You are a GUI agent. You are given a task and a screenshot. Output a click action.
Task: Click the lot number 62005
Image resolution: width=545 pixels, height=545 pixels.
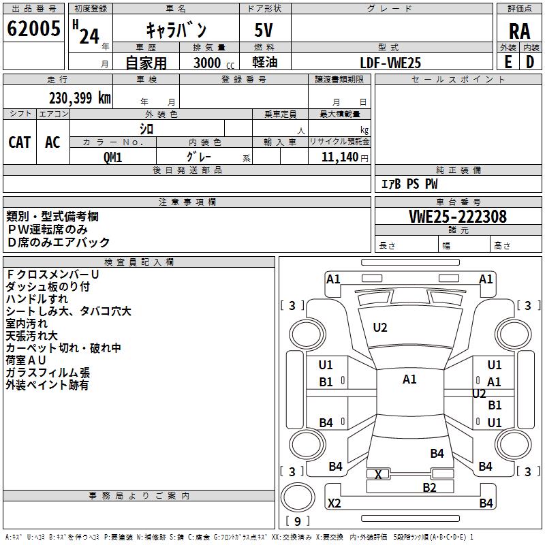[33, 29]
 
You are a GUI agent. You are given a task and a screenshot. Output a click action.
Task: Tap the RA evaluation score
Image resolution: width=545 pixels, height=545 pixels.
[518, 31]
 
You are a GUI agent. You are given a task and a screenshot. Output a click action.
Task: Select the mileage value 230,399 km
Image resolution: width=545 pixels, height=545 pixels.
[80, 98]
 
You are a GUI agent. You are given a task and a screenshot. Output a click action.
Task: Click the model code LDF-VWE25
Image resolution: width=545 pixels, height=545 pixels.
[390, 62]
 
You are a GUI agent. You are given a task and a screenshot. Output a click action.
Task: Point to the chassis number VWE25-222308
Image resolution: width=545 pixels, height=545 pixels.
[457, 217]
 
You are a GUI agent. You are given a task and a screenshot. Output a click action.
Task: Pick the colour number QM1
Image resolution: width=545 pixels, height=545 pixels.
[112, 157]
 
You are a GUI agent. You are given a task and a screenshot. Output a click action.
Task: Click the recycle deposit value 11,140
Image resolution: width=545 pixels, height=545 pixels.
[338, 157]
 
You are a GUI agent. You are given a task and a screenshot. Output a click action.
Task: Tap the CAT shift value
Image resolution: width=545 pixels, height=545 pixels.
[19, 142]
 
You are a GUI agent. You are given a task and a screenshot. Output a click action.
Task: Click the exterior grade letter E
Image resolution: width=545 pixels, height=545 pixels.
[508, 62]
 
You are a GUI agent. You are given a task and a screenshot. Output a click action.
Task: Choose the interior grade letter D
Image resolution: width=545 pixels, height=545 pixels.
[530, 62]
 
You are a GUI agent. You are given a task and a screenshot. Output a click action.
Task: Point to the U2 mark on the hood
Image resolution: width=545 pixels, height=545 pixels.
[380, 328]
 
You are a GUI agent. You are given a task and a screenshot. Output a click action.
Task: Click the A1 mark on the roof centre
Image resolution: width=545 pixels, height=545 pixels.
[409, 379]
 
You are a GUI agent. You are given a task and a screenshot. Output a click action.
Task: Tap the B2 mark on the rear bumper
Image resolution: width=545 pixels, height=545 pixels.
[429, 487]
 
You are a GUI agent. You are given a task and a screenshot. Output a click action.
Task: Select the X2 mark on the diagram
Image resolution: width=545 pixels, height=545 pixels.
[334, 503]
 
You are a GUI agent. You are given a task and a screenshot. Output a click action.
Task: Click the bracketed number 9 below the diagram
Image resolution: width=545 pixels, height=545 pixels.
[297, 522]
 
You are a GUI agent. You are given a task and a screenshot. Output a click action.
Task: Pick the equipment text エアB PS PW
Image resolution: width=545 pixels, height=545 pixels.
[409, 184]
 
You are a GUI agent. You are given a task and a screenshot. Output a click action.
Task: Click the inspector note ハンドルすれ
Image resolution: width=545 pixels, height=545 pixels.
[37, 299]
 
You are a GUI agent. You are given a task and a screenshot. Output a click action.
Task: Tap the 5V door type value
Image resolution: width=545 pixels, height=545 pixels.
[264, 30]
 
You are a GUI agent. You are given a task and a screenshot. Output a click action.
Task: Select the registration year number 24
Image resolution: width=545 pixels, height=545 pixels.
[89, 35]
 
